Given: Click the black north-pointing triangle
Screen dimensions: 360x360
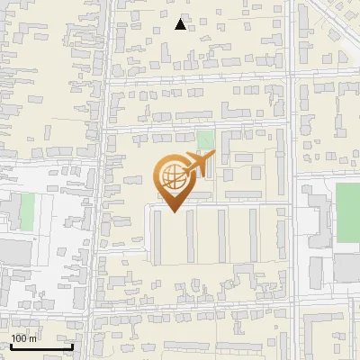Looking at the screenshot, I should tap(181, 24).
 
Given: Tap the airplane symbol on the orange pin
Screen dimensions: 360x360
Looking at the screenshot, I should tap(194, 165).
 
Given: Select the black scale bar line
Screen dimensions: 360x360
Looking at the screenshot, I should tap(41, 346).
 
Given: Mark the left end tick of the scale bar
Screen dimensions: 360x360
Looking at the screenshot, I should tap(11, 345).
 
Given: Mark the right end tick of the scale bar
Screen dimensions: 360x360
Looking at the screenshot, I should tap(72, 345).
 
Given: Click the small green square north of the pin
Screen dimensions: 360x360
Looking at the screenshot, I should tap(205, 140).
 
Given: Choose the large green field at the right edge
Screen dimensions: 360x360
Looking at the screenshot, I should tap(347, 212).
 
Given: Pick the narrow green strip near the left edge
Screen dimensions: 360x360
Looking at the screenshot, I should tap(26, 211).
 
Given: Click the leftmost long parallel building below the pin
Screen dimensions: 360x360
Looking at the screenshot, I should tap(157, 238).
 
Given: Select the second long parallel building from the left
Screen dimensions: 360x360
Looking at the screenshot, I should tap(190, 236).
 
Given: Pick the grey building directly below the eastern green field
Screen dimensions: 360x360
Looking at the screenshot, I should tap(347, 267).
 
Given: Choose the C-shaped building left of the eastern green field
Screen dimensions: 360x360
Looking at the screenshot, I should tap(317, 216).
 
